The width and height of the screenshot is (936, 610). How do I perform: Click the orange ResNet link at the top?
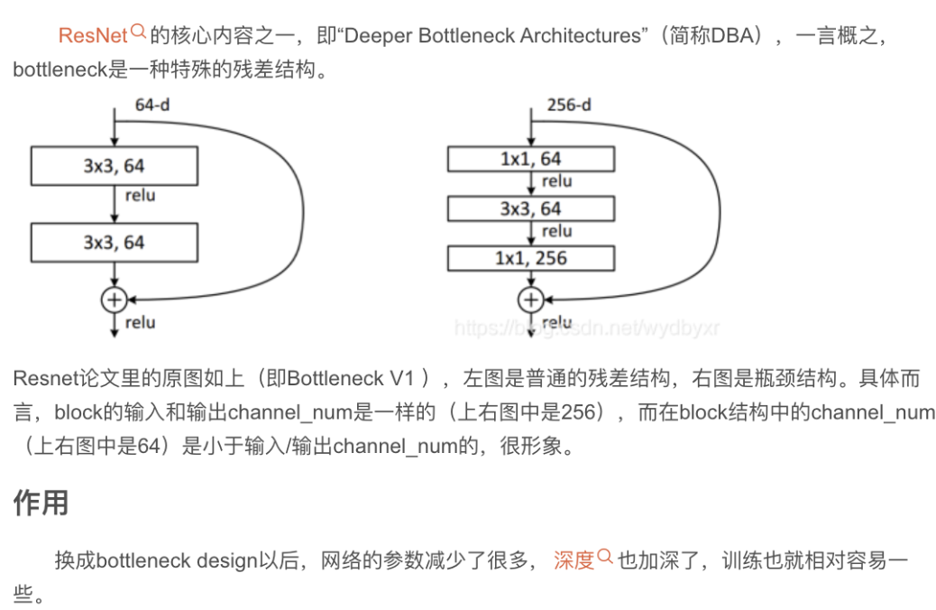point(93,36)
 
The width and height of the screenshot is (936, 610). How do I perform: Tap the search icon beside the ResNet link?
point(139,32)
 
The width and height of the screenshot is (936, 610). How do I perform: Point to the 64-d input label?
point(152,105)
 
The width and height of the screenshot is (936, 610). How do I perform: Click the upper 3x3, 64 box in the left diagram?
point(114,166)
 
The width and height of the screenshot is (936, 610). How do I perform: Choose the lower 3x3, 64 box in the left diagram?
point(114,243)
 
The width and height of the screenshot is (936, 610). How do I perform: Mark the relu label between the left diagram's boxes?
point(140,195)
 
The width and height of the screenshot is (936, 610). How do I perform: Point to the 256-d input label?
point(569,105)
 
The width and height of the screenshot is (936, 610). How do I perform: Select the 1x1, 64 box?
point(531,159)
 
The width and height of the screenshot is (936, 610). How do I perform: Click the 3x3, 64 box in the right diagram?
point(531,208)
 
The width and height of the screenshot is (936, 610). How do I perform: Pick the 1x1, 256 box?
point(531,258)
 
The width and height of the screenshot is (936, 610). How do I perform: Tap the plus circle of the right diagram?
point(531,300)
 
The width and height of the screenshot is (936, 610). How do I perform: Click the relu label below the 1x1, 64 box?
point(556,181)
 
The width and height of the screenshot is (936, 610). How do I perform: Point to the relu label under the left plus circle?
point(140,322)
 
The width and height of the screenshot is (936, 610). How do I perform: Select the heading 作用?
point(41,503)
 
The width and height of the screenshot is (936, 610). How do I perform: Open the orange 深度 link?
point(574,560)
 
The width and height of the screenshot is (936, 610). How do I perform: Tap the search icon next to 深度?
point(605,557)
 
